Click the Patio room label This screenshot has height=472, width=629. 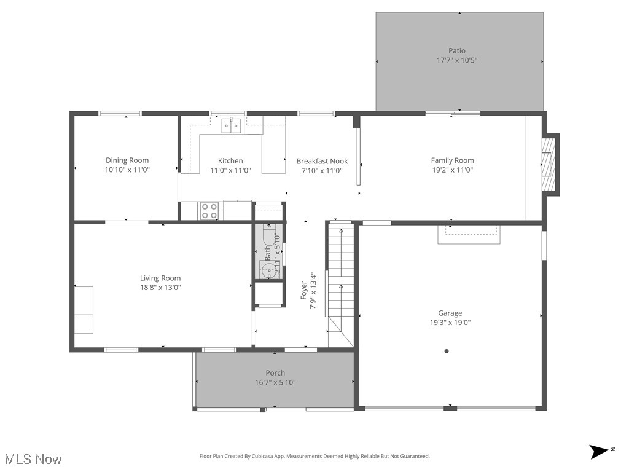click(x=456, y=51)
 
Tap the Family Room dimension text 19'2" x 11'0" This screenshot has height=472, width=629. click(x=452, y=171)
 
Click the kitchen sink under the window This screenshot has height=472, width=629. click(x=232, y=126)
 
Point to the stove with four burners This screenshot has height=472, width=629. click(x=209, y=211)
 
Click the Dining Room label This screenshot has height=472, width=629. click(x=127, y=160)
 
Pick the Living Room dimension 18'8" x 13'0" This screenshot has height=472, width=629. click(x=160, y=287)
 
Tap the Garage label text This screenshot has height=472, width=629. click(x=450, y=313)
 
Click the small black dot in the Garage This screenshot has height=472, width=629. click(x=447, y=352)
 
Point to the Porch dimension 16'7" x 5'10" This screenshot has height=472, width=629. click(x=275, y=382)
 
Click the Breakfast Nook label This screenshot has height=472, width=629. click(x=322, y=161)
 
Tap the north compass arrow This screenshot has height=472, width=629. click(x=599, y=452)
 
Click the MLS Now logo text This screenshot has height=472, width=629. click(x=33, y=459)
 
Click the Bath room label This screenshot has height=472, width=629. click(x=268, y=251)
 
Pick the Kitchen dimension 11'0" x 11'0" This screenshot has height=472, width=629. click(x=230, y=171)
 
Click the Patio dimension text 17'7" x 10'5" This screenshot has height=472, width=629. click(x=456, y=60)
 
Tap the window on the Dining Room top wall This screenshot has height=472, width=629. click(x=120, y=113)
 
